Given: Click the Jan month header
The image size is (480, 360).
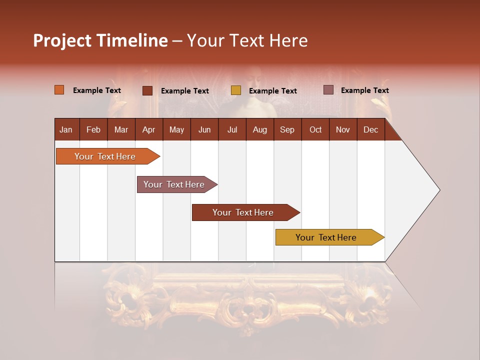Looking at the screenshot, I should pos(66,130).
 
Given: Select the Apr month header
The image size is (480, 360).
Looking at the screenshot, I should pos(149,130).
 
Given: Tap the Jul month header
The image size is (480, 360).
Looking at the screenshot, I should pos(232,130).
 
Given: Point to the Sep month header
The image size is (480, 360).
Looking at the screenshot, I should pos(287,130).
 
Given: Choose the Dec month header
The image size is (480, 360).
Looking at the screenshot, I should pos(370,130).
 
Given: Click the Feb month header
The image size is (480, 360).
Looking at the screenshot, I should pos(93,130).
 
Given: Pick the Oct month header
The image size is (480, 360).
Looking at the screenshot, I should pos(315,130).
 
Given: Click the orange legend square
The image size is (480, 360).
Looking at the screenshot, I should pos(59,90).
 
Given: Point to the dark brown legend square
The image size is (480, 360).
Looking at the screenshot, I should pos(147,90).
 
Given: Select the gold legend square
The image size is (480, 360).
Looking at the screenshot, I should pos(236,90).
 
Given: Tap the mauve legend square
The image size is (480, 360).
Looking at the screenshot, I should pos(328,90).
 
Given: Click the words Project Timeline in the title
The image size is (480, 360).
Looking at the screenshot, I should pos(100,40).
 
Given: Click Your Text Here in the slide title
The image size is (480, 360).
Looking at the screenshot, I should pos(247,40).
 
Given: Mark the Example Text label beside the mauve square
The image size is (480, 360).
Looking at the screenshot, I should pos(364,90).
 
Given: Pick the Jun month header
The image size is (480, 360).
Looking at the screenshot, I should pos(204,130).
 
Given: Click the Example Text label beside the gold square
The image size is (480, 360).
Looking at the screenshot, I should pos(272,91).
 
